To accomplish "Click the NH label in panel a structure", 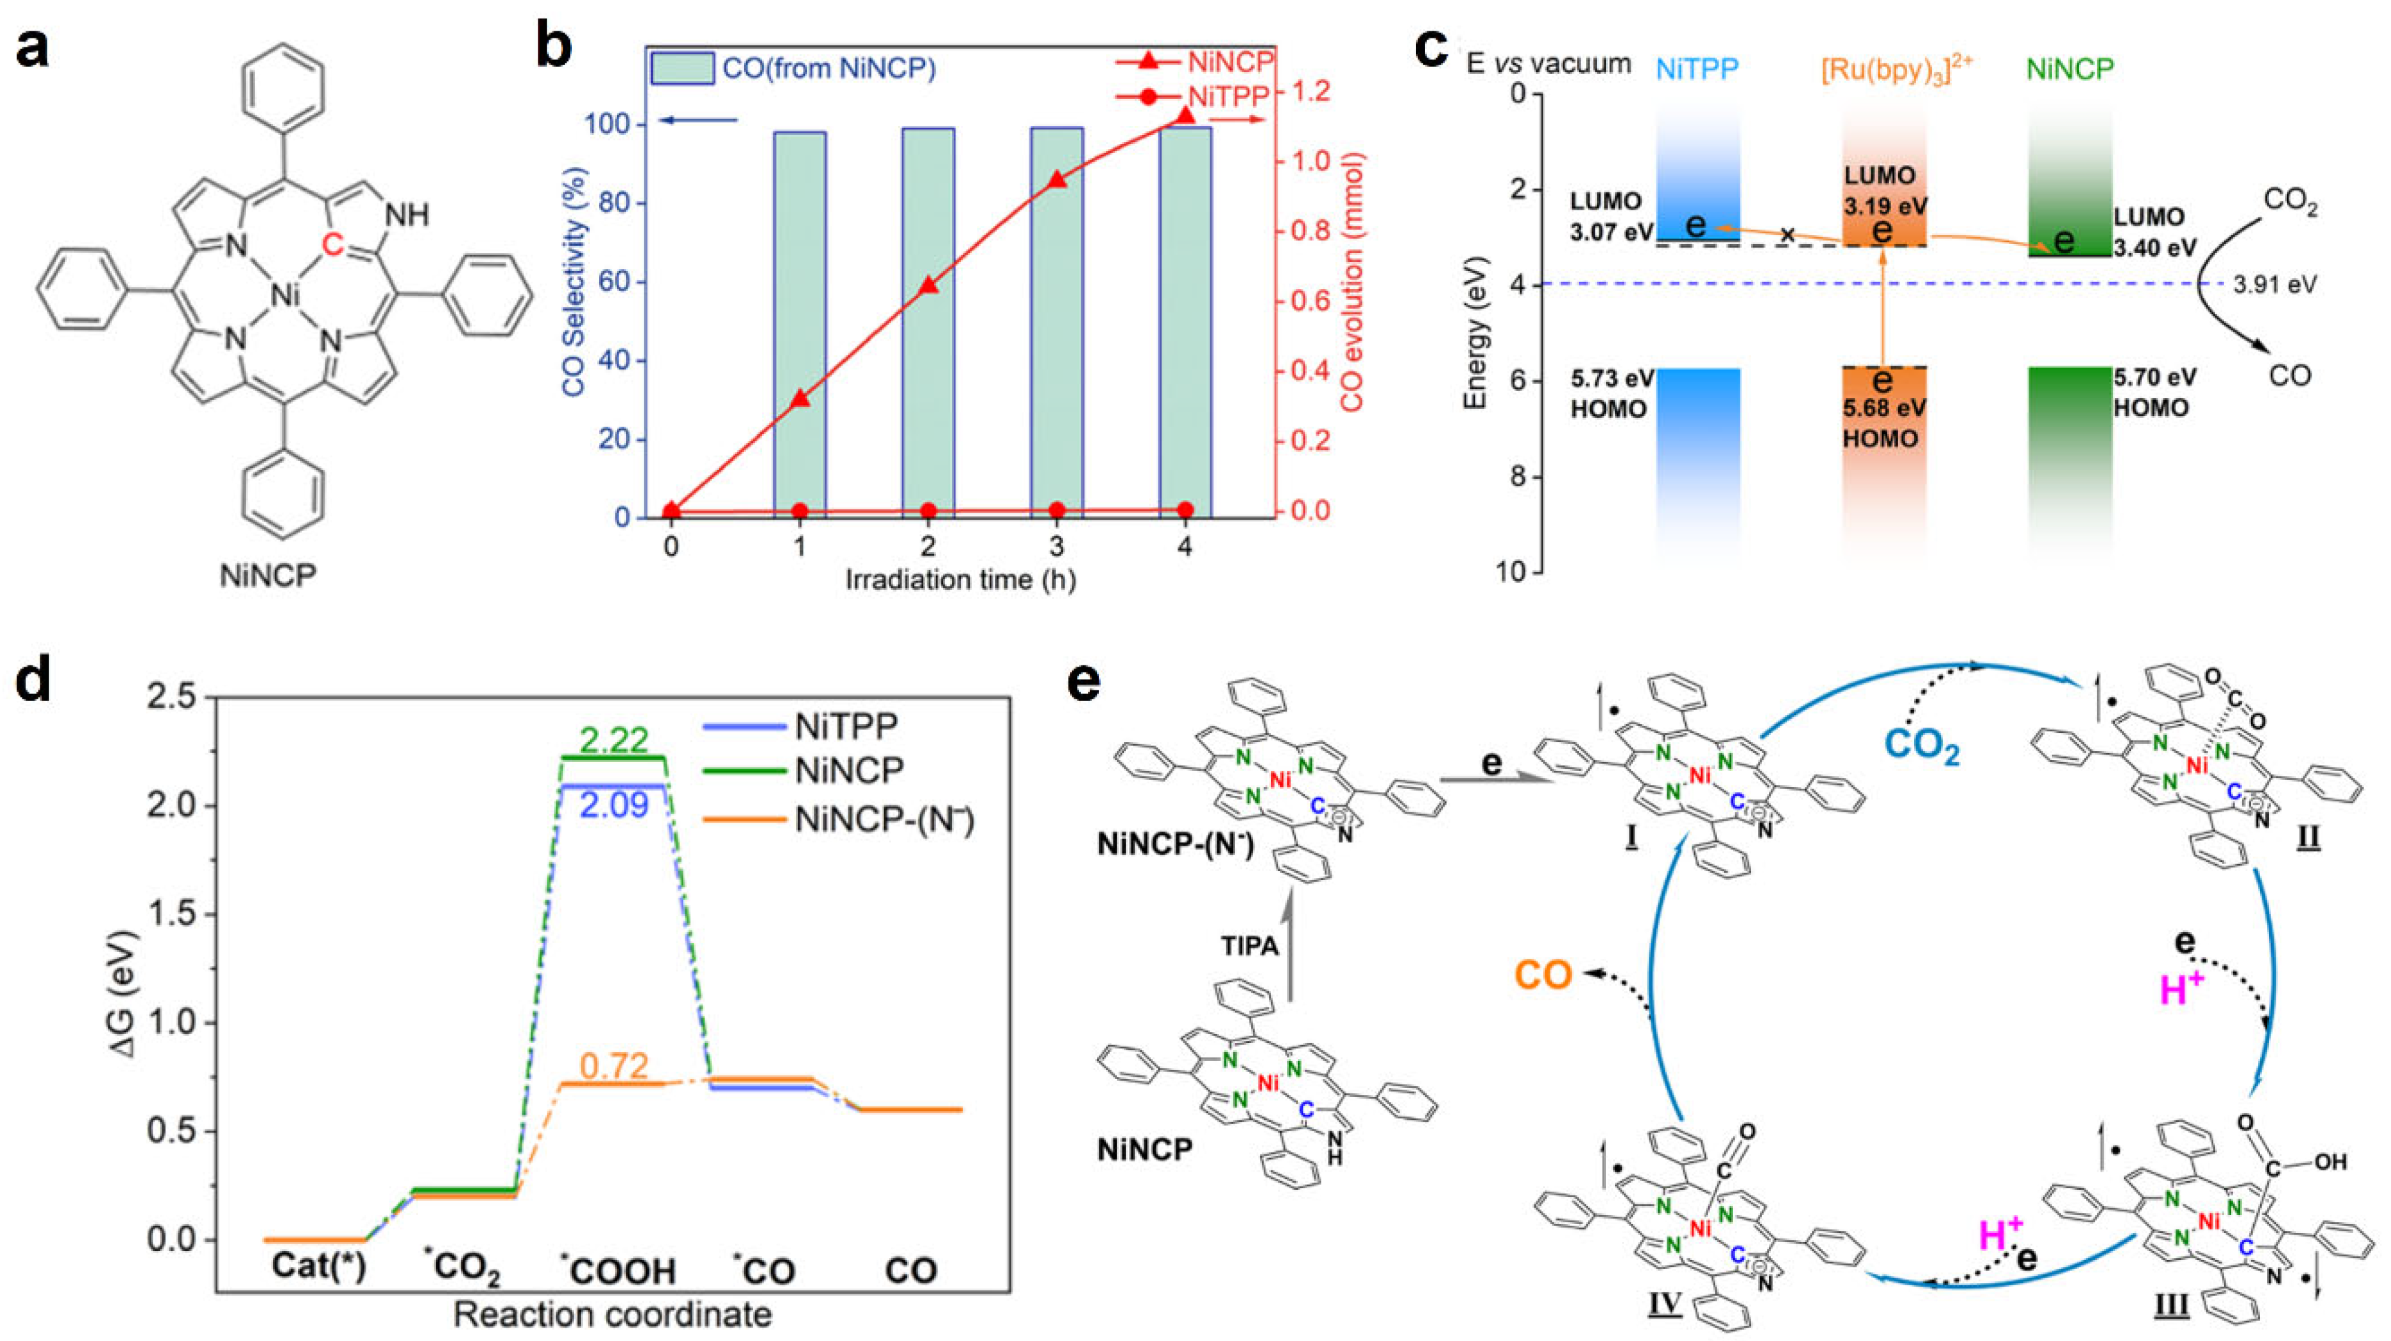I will pos(407,216).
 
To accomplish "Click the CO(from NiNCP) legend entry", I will pos(793,68).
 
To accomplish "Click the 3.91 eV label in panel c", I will pos(2274,284).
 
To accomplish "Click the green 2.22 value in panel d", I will pos(614,740).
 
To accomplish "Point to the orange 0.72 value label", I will pos(614,1066).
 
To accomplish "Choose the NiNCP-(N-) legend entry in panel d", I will pos(883,819).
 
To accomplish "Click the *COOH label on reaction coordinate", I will pos(618,1269).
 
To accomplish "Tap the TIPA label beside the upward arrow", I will pos(1249,945).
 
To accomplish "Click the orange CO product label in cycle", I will pos(1543,975).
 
